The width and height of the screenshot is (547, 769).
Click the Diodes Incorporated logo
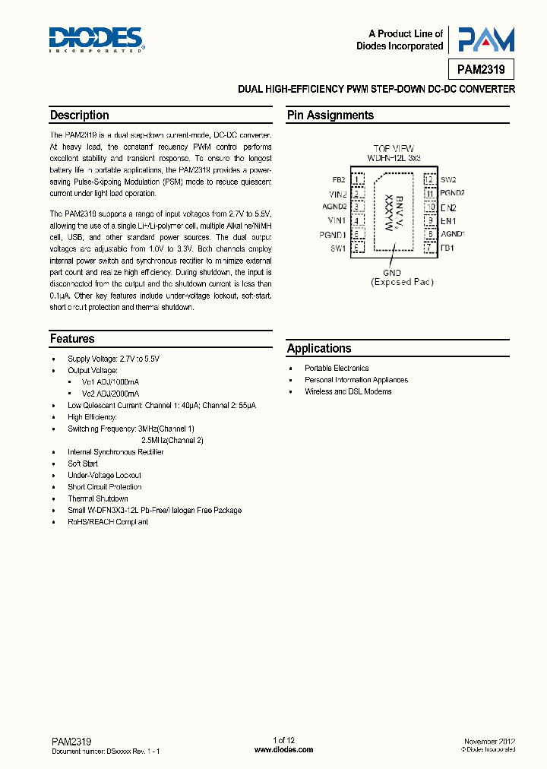click(x=96, y=40)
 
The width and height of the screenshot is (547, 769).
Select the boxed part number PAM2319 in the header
click(x=481, y=69)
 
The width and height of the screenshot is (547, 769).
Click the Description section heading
click(x=79, y=116)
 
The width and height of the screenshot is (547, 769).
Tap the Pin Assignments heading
click(x=330, y=116)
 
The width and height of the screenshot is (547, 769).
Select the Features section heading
click(x=72, y=339)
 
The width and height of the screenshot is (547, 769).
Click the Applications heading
click(x=319, y=349)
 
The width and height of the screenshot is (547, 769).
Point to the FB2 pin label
click(x=338, y=180)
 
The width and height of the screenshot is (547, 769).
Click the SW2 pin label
click(x=448, y=180)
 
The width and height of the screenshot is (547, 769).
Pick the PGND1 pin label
click(x=333, y=235)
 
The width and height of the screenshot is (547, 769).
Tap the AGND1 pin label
click(x=452, y=235)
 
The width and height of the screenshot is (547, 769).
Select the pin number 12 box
click(x=430, y=180)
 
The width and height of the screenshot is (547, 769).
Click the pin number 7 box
click(x=430, y=248)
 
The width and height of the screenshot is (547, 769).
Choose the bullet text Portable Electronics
click(x=337, y=369)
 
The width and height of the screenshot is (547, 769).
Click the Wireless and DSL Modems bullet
click(x=348, y=392)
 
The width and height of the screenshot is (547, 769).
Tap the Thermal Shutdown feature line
click(x=98, y=498)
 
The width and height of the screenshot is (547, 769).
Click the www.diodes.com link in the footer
click(x=283, y=749)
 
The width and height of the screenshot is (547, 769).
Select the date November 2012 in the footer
click(x=490, y=741)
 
